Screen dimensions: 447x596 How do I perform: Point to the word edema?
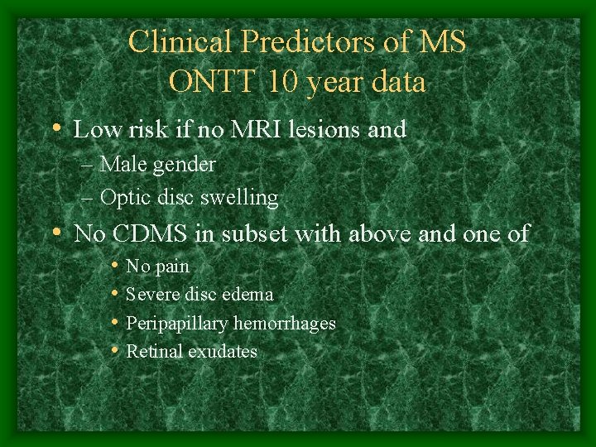click(x=248, y=294)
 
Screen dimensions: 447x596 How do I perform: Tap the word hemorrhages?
click(x=286, y=323)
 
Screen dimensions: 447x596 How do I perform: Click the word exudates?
click(x=223, y=351)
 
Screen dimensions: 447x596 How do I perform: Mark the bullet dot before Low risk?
click(x=55, y=129)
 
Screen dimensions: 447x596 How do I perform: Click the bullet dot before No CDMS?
click(x=55, y=233)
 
